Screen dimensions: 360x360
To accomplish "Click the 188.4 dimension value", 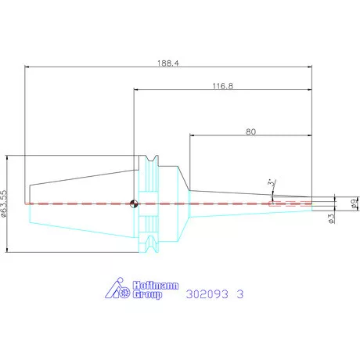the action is click(168, 63).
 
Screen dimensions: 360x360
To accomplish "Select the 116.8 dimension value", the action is click(223, 86).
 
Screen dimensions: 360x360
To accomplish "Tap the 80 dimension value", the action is click(250, 131).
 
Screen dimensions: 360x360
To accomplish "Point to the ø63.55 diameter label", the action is click(4, 203).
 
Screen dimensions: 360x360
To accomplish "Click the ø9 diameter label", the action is click(355, 203).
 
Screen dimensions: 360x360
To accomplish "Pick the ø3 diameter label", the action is click(331, 218).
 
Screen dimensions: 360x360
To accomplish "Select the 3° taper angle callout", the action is click(272, 182).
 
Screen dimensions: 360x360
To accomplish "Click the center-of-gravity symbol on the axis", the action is click(134, 203).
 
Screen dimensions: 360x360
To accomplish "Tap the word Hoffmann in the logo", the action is click(156, 286).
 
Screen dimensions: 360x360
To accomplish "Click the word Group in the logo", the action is click(147, 295).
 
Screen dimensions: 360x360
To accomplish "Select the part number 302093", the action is click(207, 294).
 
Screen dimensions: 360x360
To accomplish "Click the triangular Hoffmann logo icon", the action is click(117, 288).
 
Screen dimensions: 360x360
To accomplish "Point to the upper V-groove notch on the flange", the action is click(151, 159).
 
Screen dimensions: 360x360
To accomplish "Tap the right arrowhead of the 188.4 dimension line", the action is click(309, 67).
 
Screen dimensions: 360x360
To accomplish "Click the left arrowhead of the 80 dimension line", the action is click(193, 135).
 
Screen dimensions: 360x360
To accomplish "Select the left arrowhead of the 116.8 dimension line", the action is click(137, 90).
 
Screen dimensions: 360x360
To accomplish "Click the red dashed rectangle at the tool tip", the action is click(290, 203).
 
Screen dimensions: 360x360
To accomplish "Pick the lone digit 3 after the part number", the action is click(240, 294).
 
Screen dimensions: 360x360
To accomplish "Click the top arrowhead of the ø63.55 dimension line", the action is click(7, 158).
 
